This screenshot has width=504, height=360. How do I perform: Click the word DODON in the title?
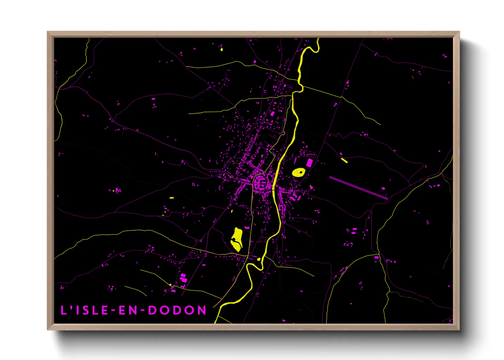point(177,310)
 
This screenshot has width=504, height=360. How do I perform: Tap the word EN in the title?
point(127,310)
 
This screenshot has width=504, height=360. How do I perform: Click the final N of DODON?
point(202,310)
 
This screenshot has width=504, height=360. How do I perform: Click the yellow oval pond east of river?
point(299,173)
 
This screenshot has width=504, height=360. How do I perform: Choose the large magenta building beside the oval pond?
point(309,163)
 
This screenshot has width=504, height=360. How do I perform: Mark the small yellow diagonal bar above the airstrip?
point(344,160)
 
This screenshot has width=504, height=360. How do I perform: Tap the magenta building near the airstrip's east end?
point(383,188)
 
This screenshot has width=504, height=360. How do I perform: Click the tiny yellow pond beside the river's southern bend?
point(259,260)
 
